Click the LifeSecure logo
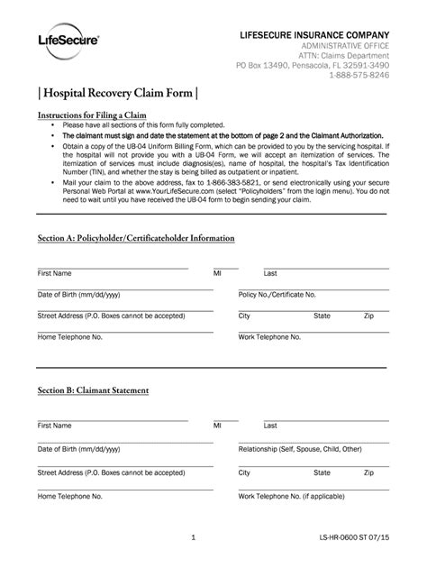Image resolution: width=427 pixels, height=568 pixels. click(68, 40)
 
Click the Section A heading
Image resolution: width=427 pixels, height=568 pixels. click(135, 238)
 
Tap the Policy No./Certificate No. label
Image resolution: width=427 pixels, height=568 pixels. click(277, 295)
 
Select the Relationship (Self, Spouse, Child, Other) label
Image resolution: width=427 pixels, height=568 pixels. click(300, 448)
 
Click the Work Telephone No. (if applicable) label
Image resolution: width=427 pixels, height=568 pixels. click(294, 496)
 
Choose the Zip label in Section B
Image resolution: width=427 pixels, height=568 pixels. click(368, 472)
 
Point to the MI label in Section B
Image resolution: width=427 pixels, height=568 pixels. click(217, 425)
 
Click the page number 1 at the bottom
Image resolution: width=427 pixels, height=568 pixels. click(194, 537)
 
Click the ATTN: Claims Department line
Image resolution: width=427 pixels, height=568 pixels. click(345, 55)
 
